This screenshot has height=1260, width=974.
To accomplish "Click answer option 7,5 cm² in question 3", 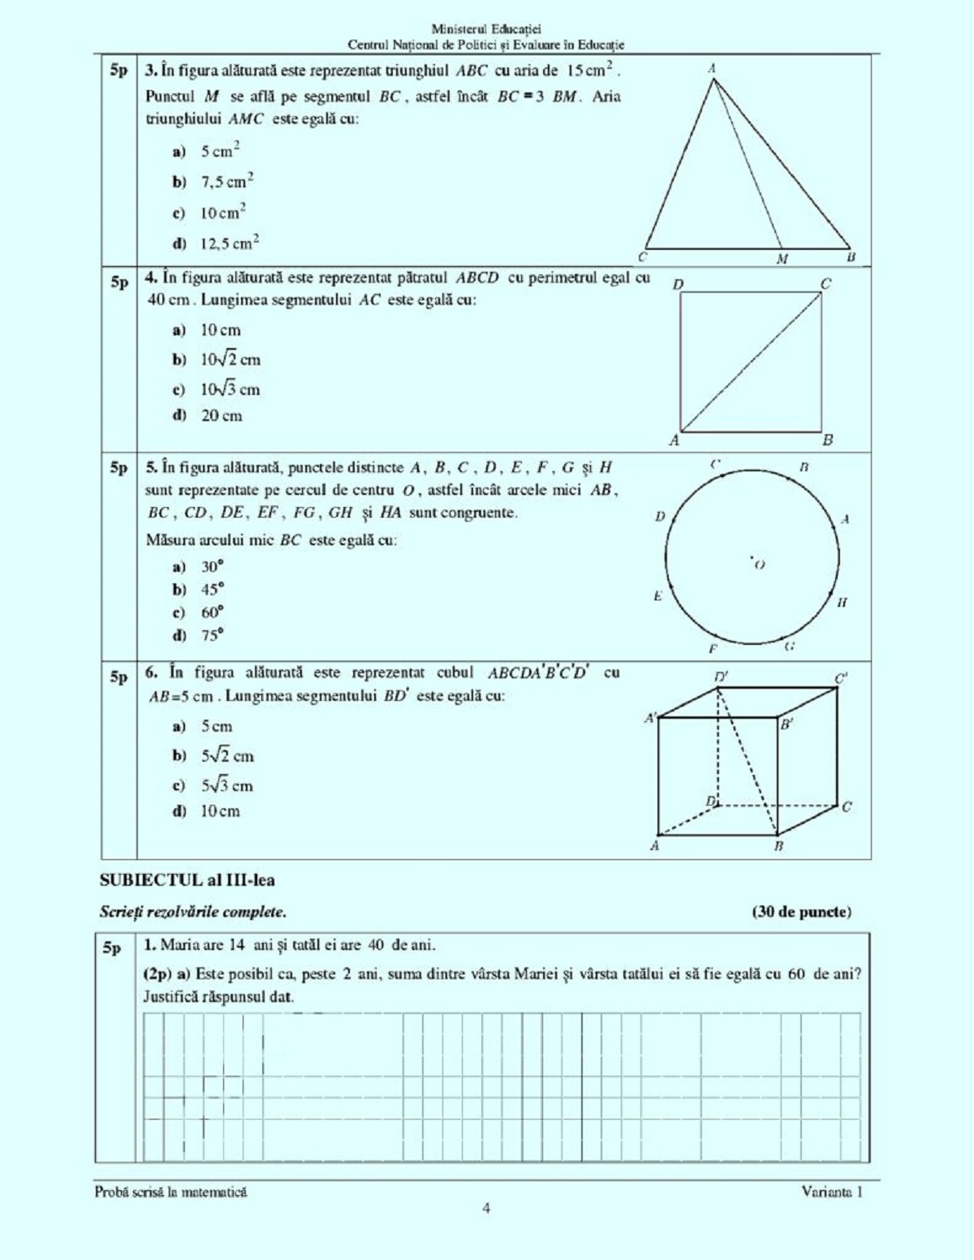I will click(226, 181).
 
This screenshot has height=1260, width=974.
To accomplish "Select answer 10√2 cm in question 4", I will click(230, 359).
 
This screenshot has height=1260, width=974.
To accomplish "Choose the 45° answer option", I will click(212, 590).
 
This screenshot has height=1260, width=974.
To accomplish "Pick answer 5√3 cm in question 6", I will click(226, 785).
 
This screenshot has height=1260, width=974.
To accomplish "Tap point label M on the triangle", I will click(782, 260).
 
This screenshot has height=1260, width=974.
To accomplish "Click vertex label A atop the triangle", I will click(712, 69).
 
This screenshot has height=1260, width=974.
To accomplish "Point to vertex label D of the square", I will click(679, 284).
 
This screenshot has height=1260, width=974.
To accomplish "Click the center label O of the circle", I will click(760, 565).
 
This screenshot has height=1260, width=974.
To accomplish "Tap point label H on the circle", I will click(842, 602).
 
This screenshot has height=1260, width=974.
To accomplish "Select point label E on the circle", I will click(658, 596).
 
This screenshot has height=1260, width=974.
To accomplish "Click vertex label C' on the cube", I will click(841, 678).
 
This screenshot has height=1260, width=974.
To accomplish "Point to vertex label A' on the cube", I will click(650, 718).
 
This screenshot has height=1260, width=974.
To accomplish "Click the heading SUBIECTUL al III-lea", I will click(187, 880).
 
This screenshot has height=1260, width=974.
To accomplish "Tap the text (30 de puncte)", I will click(802, 912).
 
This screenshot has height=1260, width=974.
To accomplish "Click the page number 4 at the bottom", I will click(486, 1209).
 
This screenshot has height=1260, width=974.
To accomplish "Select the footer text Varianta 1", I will click(832, 1192).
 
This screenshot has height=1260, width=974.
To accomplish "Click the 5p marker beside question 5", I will click(119, 468).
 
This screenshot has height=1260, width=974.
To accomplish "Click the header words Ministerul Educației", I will click(486, 30).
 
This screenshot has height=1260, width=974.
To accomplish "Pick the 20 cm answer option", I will click(221, 415).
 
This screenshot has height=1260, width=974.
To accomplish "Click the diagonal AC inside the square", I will click(751, 362).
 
